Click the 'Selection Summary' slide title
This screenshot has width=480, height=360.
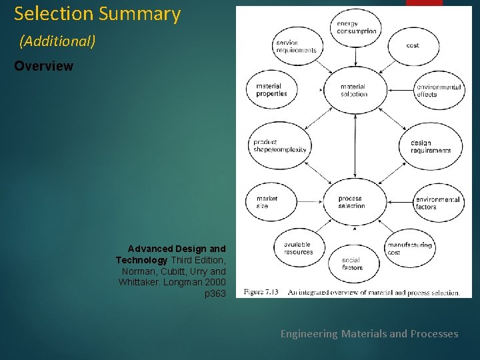[97, 14]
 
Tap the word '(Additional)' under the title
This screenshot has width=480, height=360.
[57, 41]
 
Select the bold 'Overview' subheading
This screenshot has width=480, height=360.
[43, 67]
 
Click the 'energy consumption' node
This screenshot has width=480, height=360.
[356, 27]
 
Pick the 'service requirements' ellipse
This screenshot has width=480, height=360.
[295, 47]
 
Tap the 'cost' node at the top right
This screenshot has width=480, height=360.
[413, 45]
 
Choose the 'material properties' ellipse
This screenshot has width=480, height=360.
[272, 90]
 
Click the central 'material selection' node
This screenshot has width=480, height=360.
[353, 90]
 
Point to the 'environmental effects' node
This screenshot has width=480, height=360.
[438, 91]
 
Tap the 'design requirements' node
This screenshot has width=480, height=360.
[430, 147]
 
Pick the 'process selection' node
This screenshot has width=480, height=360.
[351, 202]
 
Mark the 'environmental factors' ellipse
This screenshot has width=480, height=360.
[437, 203]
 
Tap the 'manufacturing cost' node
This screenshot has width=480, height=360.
[409, 248]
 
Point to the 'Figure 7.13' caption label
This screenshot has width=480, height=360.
[261, 292]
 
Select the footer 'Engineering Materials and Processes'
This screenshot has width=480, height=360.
[369, 333]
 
